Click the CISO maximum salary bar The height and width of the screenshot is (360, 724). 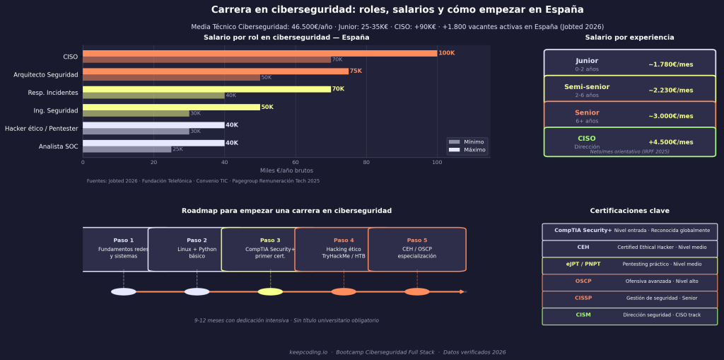259,53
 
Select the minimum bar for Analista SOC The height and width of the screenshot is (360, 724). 127,149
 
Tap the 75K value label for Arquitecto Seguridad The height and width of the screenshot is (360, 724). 356,71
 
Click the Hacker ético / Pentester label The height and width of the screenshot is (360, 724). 42,129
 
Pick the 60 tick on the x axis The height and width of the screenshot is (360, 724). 295,162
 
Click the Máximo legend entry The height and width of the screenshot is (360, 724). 473,150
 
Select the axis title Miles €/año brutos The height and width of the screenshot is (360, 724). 286,170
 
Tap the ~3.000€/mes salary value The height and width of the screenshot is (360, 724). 670,116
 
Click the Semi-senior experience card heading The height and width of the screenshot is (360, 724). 587,87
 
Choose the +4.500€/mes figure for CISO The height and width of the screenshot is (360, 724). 670,142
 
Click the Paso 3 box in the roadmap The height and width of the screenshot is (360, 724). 269,249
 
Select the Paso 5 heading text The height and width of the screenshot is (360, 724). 417,240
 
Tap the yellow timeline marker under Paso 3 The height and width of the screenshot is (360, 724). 270,291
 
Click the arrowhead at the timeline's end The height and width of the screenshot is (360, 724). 462,291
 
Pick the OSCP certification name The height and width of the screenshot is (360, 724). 583,281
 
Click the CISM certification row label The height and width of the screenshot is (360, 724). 583,315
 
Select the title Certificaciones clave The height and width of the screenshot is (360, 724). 629,211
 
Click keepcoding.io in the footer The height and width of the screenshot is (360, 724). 308,352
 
